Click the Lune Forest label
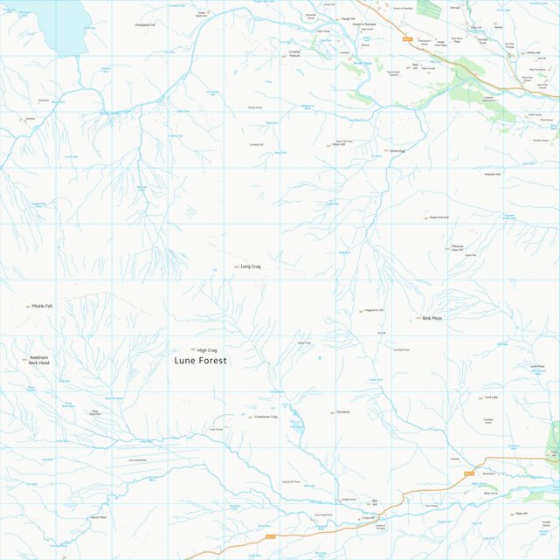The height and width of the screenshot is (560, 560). tap(200, 360)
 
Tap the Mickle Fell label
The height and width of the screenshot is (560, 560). tap(43, 306)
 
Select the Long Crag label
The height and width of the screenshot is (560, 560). tap(251, 266)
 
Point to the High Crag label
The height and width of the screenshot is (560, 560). tap(207, 349)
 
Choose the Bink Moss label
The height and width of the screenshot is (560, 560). tap(432, 318)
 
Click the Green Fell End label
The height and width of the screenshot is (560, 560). tap(439, 217)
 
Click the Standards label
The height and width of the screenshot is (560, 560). tap(342, 412)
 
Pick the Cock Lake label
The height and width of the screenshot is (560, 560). tap(491, 398)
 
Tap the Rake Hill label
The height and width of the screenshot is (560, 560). tap(522, 513)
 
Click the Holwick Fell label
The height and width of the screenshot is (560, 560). tap(493, 174)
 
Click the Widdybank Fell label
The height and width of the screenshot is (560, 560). tap(145, 24)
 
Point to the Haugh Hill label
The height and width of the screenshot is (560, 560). tap(349, 17)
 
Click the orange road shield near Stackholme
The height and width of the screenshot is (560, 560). tap(468, 474)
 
